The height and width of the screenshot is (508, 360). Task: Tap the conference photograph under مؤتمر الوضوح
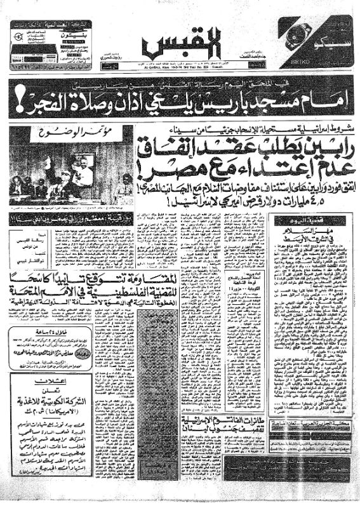71,166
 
